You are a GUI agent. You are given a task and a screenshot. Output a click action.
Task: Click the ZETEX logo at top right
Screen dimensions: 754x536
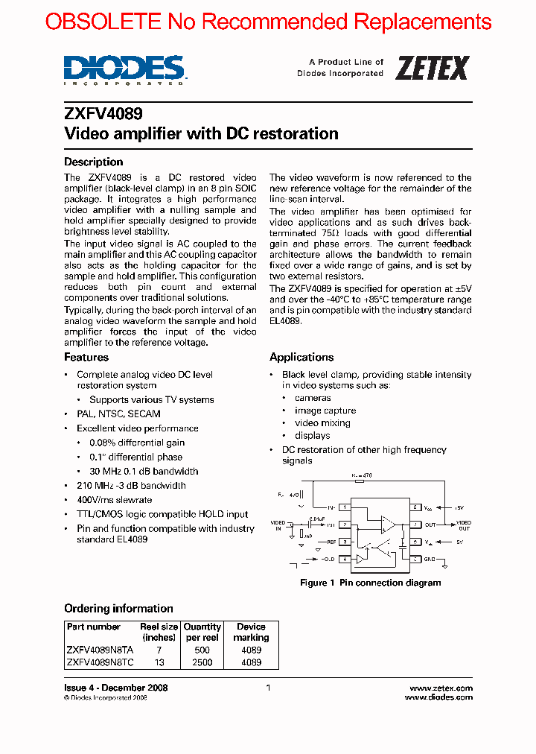coord(432,68)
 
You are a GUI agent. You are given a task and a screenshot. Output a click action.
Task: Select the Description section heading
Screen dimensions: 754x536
coord(93,162)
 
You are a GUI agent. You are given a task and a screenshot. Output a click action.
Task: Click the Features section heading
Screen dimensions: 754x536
coord(86,357)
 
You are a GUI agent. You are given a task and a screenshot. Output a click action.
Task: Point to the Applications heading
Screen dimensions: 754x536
coord(301,357)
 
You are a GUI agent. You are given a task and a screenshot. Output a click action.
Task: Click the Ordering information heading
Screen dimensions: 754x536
coord(118,608)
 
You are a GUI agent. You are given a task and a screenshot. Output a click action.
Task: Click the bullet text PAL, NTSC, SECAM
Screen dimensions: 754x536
coord(118,414)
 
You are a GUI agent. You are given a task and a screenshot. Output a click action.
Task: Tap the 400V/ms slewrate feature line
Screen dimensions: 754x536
coord(114,500)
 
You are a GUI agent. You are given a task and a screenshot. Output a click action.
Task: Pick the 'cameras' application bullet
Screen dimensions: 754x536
coord(313,398)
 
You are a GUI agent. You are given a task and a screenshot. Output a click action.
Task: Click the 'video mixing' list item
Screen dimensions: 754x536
coord(322,422)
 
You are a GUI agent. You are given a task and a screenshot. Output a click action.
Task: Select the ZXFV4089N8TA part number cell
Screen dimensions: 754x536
coord(100,650)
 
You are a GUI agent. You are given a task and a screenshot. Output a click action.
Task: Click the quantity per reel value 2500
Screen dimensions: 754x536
coord(202,662)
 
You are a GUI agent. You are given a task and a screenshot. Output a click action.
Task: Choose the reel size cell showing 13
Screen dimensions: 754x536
coord(159,662)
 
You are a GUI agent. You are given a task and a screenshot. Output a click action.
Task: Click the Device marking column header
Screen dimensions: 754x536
coord(251,632)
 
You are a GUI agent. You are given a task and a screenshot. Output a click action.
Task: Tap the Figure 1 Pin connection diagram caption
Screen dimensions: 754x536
coord(370,583)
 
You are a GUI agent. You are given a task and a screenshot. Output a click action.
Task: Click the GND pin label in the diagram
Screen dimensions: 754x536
coord(430,559)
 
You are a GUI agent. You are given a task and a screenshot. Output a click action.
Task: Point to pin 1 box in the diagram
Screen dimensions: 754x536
coord(345,507)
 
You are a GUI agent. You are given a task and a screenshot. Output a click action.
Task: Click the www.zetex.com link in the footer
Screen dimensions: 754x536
coord(441,688)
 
